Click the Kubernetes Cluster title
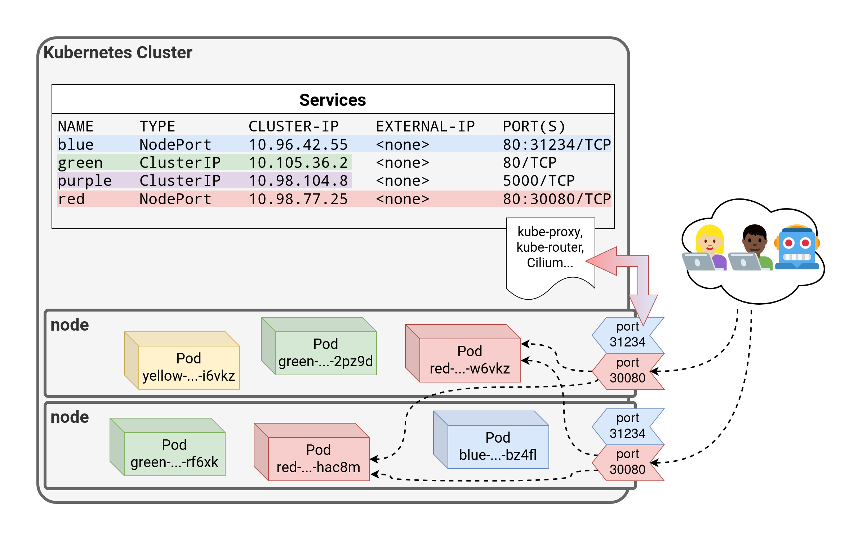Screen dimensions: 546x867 tap(118, 53)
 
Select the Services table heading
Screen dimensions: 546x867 tap(333, 100)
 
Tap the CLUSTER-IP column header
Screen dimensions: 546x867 tap(293, 126)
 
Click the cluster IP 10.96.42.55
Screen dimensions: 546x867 tap(298, 144)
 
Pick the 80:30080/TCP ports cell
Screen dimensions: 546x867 tap(557, 199)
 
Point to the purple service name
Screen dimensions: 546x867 tap(85, 181)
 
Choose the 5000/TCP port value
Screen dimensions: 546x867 tap(538, 181)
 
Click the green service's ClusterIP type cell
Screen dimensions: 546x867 tap(180, 163)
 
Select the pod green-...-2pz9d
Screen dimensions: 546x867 tap(325, 352)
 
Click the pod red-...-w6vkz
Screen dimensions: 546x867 tap(470, 359)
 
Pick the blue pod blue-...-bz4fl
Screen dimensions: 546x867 tap(498, 446)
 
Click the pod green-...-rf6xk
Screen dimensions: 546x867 tap(174, 453)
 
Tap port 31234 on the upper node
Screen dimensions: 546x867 tap(627, 335)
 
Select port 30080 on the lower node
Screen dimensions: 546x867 tap(627, 462)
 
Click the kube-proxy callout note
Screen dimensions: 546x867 tap(550, 249)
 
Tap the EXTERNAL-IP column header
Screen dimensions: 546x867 tap(425, 126)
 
